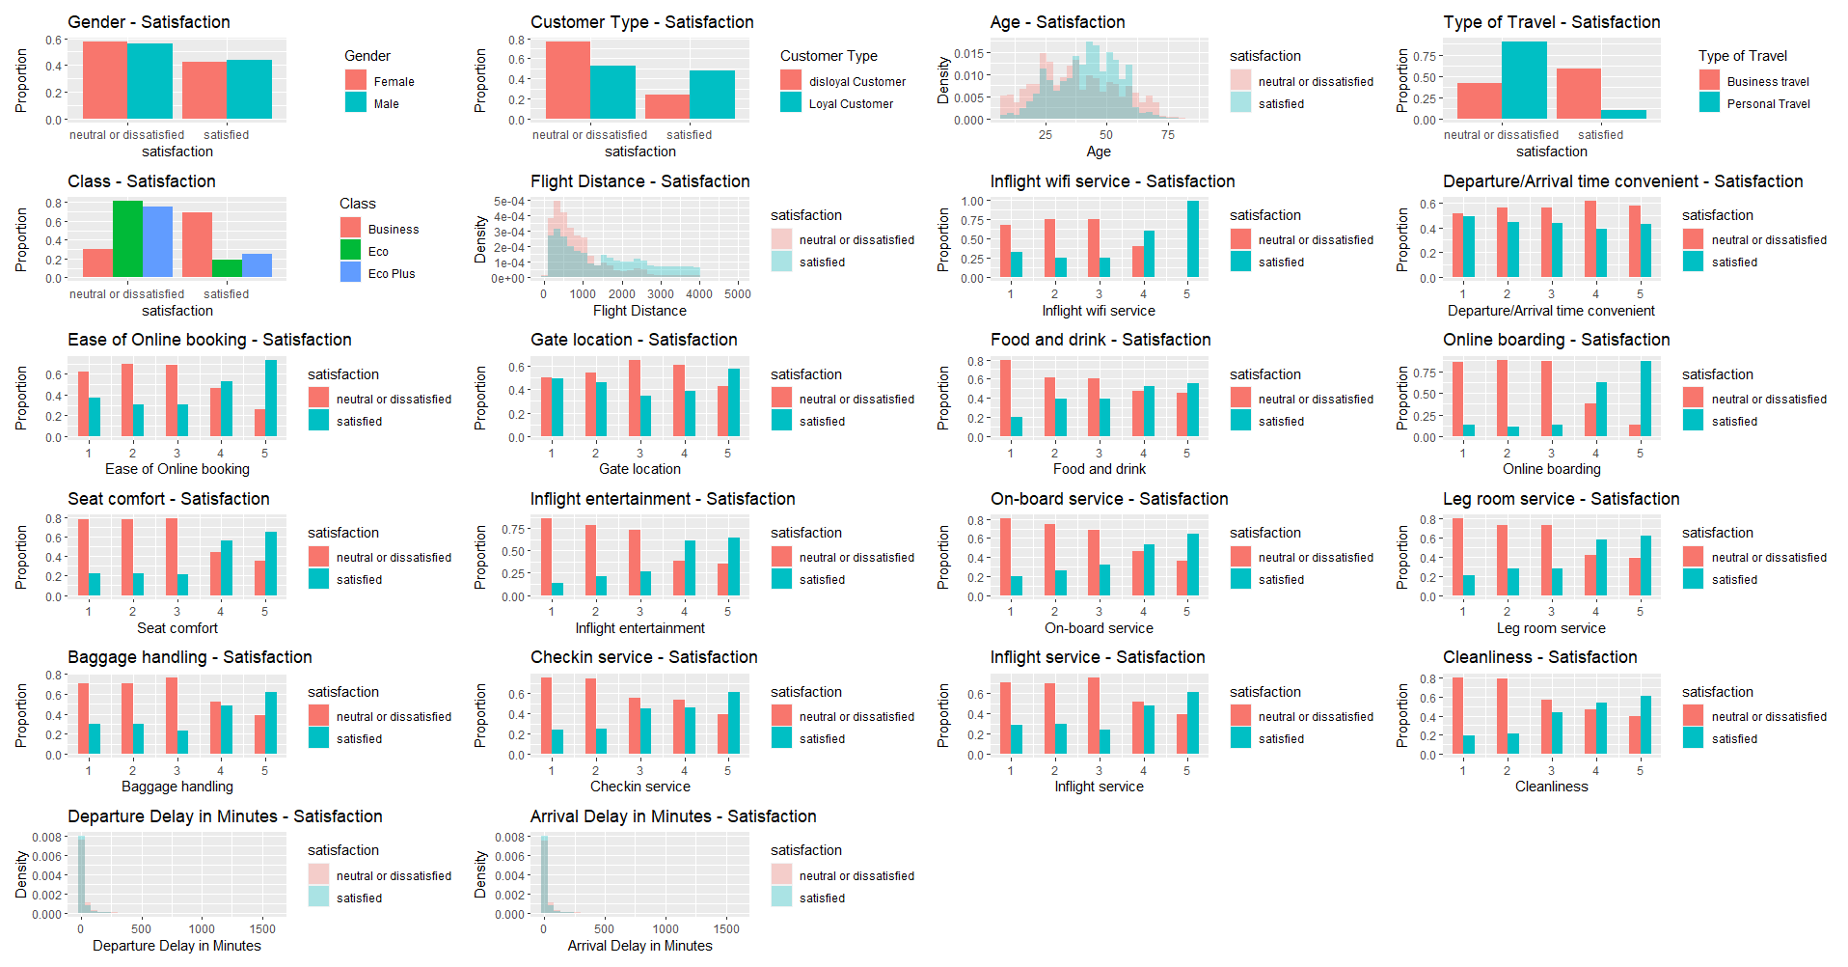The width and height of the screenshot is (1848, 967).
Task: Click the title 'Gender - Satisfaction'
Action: pyautogui.click(x=149, y=22)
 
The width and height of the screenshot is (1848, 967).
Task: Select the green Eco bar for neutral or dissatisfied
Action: pyautogui.click(x=127, y=238)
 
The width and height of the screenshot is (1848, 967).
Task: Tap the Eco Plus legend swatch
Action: pyautogui.click(x=351, y=273)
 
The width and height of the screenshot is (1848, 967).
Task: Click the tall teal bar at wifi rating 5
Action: pyautogui.click(x=1193, y=239)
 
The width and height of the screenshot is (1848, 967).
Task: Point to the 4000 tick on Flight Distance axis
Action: pyautogui.click(x=699, y=294)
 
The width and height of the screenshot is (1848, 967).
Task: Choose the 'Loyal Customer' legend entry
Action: pyautogui.click(x=851, y=104)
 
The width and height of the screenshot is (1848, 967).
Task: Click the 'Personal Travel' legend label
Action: pyautogui.click(x=1768, y=104)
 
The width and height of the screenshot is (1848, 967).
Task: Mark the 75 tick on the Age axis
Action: pyautogui.click(x=1168, y=135)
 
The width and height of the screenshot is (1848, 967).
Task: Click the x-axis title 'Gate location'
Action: pyautogui.click(x=639, y=469)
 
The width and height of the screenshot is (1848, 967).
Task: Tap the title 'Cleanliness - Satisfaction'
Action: pyautogui.click(x=1539, y=657)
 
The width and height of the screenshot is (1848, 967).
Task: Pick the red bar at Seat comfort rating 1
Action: pyautogui.click(x=83, y=557)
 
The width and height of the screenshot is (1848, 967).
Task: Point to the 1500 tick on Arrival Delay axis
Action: pyautogui.click(x=726, y=929)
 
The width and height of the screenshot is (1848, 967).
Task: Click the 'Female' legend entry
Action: pyautogui.click(x=394, y=82)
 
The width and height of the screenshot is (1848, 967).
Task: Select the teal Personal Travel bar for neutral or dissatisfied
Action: pyautogui.click(x=1524, y=80)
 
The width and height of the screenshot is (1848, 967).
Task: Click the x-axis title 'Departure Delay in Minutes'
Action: pyautogui.click(x=177, y=946)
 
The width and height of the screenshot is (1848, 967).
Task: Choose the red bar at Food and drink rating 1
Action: pyautogui.click(x=1005, y=399)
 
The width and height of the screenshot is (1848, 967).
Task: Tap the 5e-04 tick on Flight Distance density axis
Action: pyautogui.click(x=509, y=202)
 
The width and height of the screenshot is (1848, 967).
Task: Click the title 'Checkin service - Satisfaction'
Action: pyautogui.click(x=643, y=657)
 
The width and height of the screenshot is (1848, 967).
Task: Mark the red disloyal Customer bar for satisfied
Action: pyautogui.click(x=667, y=106)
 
